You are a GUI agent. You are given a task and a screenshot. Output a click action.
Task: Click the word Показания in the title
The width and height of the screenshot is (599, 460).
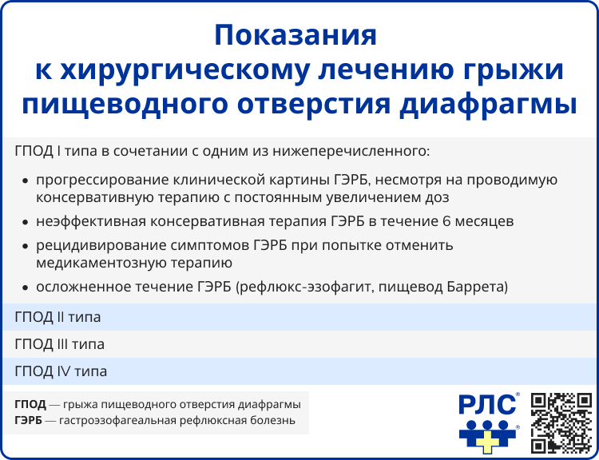pos(296,37)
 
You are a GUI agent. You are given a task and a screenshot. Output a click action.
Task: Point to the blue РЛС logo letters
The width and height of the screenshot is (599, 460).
pos(487,404)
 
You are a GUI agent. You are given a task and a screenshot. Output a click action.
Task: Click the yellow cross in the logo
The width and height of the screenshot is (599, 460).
pos(489,438)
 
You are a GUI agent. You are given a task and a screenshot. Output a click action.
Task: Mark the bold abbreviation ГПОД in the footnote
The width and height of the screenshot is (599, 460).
pos(30,403)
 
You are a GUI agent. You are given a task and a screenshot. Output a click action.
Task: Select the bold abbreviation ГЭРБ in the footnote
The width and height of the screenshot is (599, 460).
pos(30,419)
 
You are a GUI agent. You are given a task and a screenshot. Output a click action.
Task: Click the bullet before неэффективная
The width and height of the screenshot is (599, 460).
pos(26,221)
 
